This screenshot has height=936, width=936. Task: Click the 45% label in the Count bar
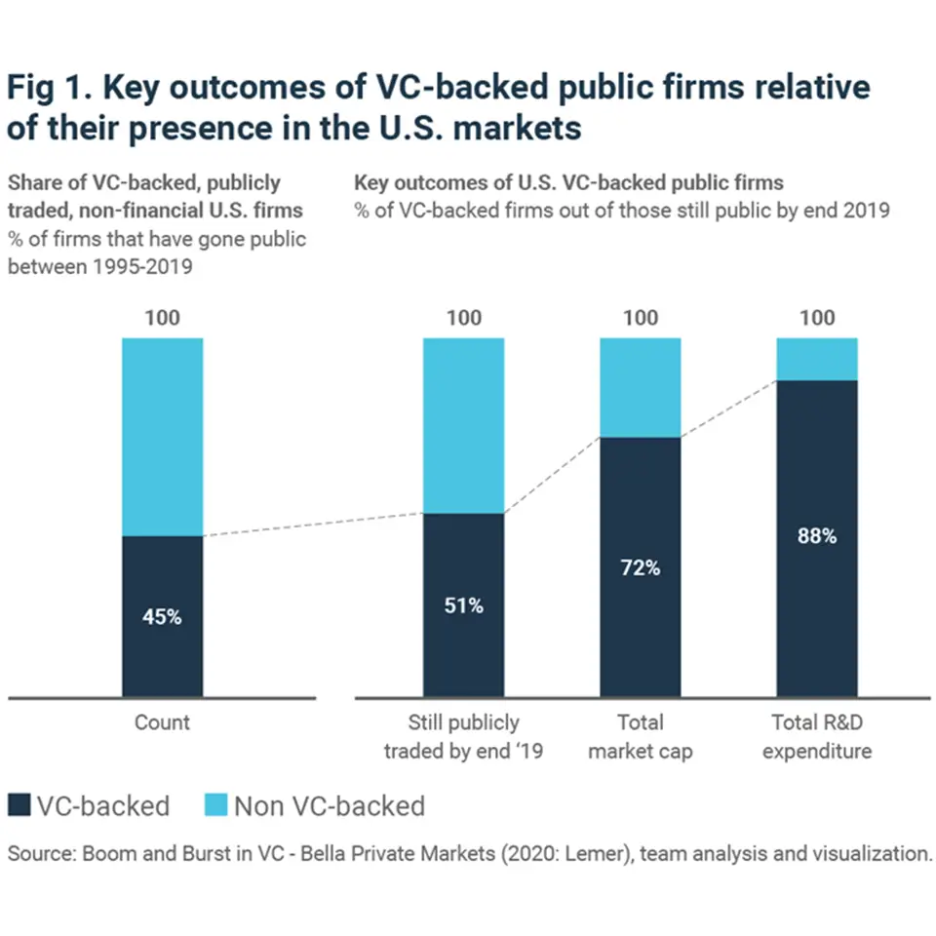tap(162, 616)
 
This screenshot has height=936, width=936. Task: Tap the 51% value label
tap(463, 605)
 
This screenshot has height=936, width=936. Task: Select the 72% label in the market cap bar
tap(640, 567)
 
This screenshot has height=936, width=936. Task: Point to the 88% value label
tap(816, 536)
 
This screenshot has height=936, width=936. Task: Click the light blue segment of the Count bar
tap(162, 436)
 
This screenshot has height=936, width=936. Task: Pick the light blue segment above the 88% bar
tap(816, 359)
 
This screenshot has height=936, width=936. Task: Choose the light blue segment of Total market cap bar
tap(640, 387)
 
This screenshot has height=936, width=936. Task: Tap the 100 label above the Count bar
tap(162, 317)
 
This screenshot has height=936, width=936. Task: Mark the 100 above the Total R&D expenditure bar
tap(816, 317)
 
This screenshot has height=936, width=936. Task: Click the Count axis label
tap(162, 722)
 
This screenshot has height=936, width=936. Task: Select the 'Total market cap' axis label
tap(640, 737)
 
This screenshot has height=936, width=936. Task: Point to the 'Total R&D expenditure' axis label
tap(816, 737)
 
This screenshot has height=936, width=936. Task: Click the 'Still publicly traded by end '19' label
tap(463, 737)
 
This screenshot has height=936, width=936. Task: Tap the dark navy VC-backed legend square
tap(20, 805)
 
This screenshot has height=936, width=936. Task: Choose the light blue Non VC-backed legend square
tap(216, 805)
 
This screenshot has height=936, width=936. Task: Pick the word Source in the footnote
tap(37, 854)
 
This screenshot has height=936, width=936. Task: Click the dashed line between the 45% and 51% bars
tap(312, 526)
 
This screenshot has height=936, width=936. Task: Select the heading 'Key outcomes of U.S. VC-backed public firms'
tap(568, 182)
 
